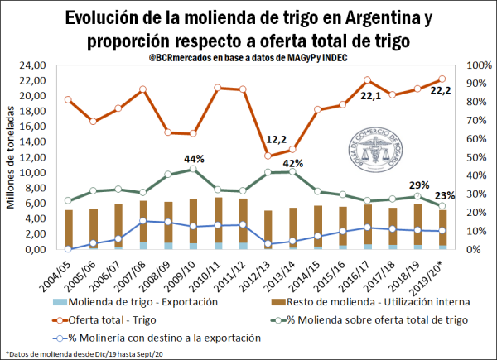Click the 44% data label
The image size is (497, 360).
(194, 158)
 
